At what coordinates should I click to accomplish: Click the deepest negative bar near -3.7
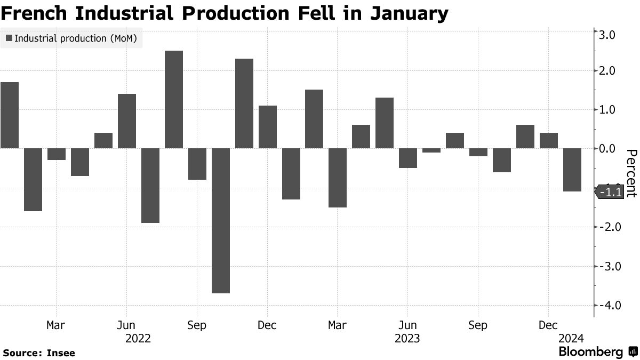pos(221,220)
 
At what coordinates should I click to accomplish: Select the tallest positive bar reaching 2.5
pos(174,99)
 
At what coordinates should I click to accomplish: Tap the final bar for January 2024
pos(572,170)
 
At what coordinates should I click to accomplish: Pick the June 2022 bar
pos(127,121)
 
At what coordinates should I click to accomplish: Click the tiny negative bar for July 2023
pos(431,150)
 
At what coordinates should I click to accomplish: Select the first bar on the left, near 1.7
pos(10,115)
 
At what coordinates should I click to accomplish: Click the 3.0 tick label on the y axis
pos(609,35)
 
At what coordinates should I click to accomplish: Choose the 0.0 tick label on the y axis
pos(609,149)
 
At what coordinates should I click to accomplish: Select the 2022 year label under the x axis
pos(138,338)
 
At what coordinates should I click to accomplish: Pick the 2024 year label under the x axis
pos(571,338)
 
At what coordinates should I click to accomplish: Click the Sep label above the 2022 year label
pos(197,325)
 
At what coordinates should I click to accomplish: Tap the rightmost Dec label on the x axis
pos(549,325)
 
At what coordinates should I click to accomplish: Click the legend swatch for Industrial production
pos(9,38)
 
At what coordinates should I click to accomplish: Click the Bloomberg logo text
pos(590,351)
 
